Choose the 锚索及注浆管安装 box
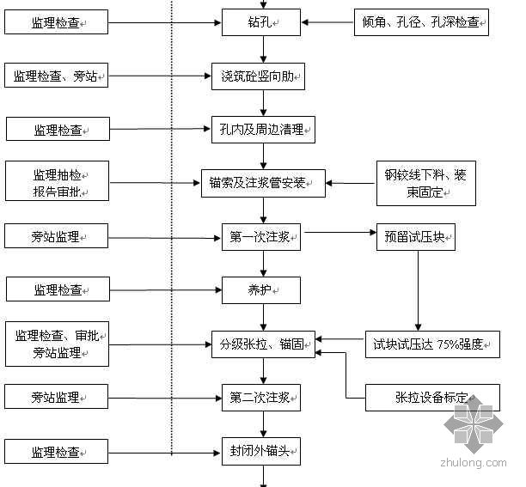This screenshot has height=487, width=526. coord(263,182)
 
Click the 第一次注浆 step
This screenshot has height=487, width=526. coord(261,237)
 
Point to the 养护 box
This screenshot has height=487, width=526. coord(261,289)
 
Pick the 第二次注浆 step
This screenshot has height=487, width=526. coord(261,397)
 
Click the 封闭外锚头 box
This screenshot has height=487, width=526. coord(261,451)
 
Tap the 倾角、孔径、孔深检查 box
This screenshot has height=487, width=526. coord(421,21)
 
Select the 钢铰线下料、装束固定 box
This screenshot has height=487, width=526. coord(425,183)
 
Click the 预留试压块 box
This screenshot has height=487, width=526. coord(415,237)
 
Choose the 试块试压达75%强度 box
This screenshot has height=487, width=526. coord(432,344)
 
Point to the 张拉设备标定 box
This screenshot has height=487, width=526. coord(433,398)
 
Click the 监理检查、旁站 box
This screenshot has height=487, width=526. coord(57,76)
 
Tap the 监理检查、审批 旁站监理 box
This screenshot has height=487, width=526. coord(57,344)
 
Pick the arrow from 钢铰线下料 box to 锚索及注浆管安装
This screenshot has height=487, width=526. coord(351,183)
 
